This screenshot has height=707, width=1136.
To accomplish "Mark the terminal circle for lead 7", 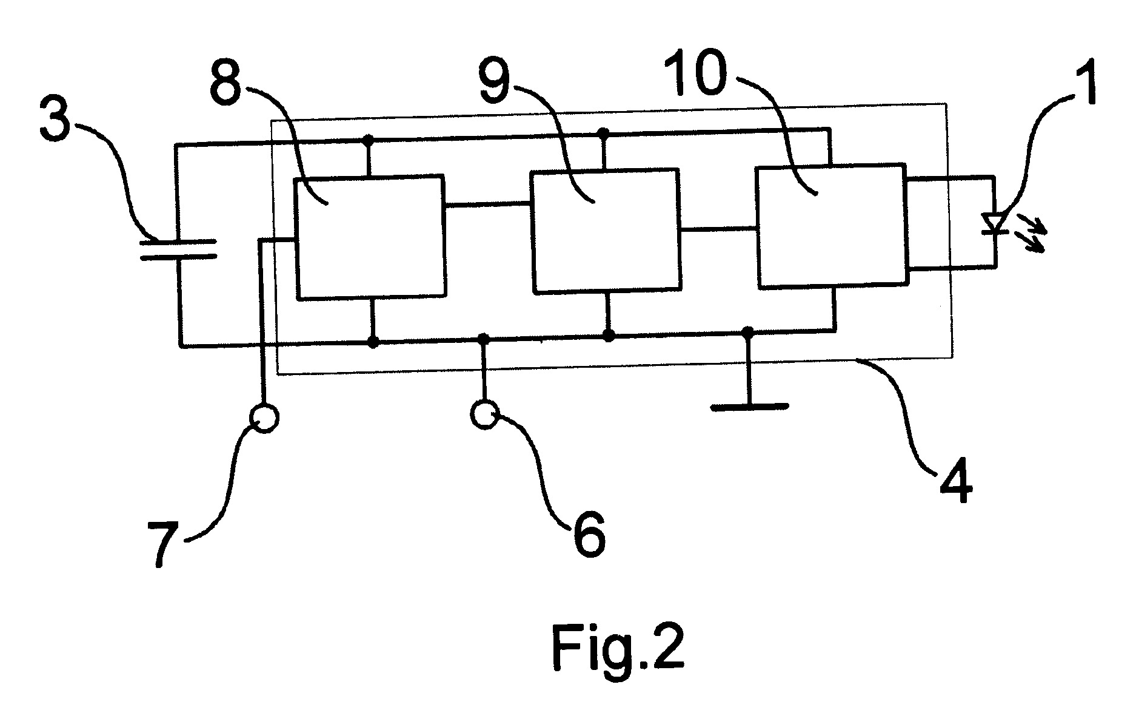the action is tap(264, 418).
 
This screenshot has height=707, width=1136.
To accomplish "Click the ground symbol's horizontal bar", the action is tap(750, 407).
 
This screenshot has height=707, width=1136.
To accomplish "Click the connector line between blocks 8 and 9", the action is tap(488, 205).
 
